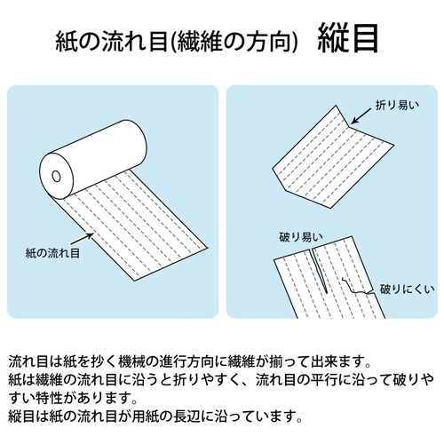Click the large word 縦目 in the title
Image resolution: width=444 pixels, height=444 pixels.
pyautogui.click(x=348, y=38)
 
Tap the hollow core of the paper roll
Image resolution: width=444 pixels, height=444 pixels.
pyautogui.click(x=56, y=177)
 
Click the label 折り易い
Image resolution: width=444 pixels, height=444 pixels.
pyautogui.click(x=397, y=106)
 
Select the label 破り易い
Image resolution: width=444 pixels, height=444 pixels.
pyautogui.click(x=301, y=237)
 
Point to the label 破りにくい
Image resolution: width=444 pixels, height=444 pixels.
pyautogui.click(x=408, y=289)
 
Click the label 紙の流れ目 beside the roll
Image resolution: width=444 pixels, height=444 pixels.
pyautogui.click(x=52, y=253)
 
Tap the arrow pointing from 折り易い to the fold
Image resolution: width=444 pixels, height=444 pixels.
pyautogui.click(x=361, y=115)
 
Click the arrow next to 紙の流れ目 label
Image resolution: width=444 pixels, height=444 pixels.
pyautogui.click(x=82, y=239)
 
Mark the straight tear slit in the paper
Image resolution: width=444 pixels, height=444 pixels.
pyautogui.click(x=319, y=272)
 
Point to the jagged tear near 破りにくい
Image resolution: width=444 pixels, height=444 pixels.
pyautogui.click(x=357, y=287)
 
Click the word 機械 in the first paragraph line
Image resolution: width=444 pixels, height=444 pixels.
pyautogui.click(x=131, y=361)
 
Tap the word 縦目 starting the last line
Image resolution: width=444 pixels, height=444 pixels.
pyautogui.click(x=22, y=416)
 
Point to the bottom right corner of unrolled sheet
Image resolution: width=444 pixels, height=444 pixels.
pyautogui.click(x=208, y=248)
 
